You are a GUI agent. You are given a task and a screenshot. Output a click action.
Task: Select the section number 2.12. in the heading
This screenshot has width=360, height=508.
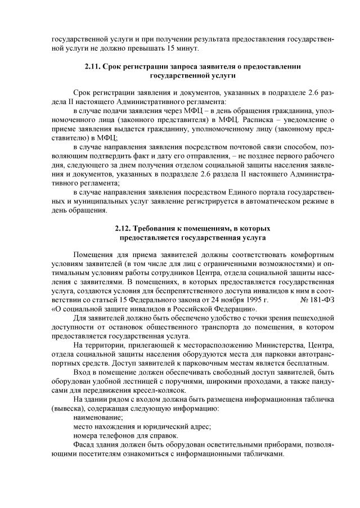124,229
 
